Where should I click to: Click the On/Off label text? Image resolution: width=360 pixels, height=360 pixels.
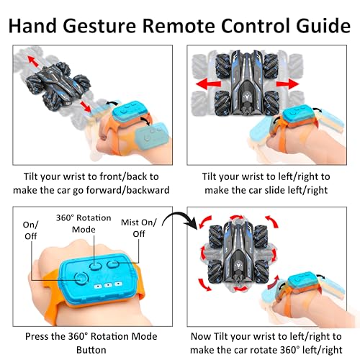click(x=30, y=230)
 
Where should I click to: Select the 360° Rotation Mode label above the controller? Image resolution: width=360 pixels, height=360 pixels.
click(x=84, y=223)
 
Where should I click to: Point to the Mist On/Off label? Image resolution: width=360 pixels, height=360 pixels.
click(x=139, y=228)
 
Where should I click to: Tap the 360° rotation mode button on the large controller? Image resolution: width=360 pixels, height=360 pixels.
click(x=95, y=266)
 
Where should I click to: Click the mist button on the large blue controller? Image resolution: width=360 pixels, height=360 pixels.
click(x=113, y=264)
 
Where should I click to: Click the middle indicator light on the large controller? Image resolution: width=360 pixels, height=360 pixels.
click(x=108, y=285)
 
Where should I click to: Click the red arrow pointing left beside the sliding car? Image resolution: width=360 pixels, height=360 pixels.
click(x=208, y=84)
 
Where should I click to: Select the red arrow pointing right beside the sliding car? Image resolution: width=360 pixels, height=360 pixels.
click(x=287, y=84)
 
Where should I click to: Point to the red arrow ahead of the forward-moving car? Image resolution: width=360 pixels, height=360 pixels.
click(x=33, y=61)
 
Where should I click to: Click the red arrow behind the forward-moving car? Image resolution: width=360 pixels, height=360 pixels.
click(x=86, y=107)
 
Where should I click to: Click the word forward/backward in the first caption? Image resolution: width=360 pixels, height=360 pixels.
click(x=127, y=190)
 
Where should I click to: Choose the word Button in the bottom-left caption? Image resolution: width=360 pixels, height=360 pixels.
click(x=91, y=350)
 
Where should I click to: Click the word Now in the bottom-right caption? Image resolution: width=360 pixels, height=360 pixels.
click(x=201, y=336)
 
